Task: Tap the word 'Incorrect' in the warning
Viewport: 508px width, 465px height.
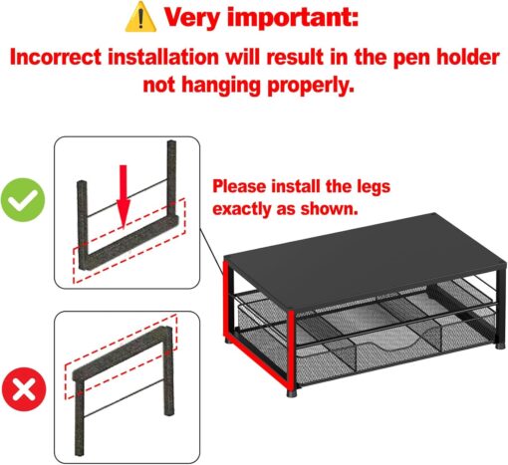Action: (56, 58)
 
